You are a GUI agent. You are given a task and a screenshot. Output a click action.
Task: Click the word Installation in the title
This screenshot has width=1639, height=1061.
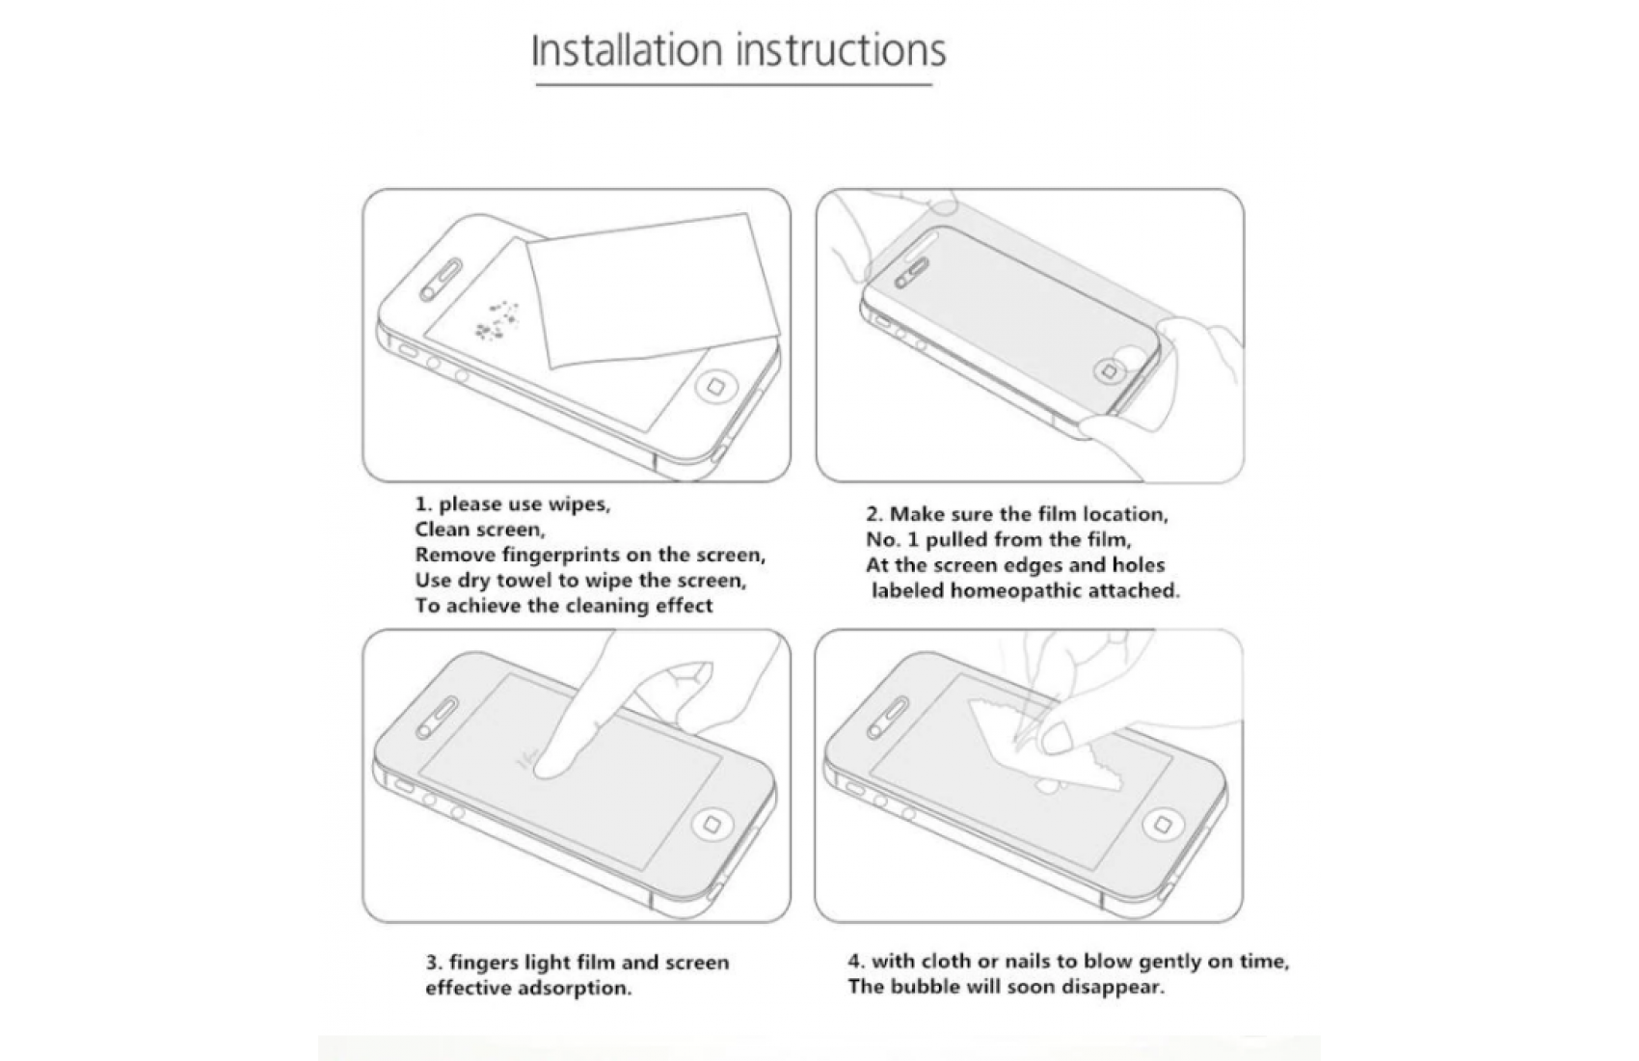(x=627, y=50)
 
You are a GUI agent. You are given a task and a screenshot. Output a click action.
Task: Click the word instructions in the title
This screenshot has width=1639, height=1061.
(x=841, y=50)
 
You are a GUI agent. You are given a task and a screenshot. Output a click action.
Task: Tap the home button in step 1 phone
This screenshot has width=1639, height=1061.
(x=714, y=386)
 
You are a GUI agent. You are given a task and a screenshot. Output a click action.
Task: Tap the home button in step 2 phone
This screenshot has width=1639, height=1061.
(x=1109, y=372)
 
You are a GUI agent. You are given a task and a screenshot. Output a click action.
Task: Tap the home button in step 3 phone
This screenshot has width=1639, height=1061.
(x=711, y=825)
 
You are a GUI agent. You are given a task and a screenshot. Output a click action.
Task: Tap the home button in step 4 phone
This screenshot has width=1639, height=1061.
(x=1161, y=826)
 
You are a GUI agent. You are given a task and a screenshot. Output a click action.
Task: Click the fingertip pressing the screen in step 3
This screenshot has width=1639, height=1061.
(x=551, y=762)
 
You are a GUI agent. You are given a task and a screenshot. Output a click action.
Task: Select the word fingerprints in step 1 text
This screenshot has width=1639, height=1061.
(x=560, y=556)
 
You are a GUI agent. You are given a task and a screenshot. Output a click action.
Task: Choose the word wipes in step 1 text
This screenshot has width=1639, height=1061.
(x=578, y=504)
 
